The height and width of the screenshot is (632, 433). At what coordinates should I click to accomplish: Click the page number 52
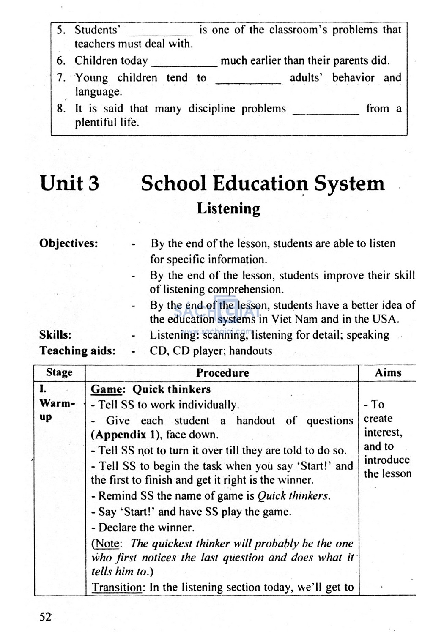click(45, 617)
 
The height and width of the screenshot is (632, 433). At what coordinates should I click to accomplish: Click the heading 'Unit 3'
click(69, 183)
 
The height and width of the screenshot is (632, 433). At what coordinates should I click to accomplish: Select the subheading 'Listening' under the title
click(228, 209)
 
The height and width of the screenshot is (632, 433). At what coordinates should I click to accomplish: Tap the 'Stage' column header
click(59, 372)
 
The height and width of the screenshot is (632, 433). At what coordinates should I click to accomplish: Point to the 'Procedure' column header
click(222, 373)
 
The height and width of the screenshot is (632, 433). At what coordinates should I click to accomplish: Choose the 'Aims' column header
click(388, 372)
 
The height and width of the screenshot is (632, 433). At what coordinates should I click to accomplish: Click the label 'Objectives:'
click(69, 243)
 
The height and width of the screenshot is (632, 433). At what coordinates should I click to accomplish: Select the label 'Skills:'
click(55, 335)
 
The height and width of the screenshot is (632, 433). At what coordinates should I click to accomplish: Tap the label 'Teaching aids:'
click(77, 350)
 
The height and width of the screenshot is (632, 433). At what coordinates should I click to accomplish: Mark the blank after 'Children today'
click(184, 65)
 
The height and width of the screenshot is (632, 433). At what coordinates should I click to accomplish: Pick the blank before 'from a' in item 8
click(326, 112)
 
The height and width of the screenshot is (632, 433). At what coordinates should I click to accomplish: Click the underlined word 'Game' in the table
click(106, 389)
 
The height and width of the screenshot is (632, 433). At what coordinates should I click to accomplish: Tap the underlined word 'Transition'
click(117, 587)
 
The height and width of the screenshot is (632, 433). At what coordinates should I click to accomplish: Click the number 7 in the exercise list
click(61, 78)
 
